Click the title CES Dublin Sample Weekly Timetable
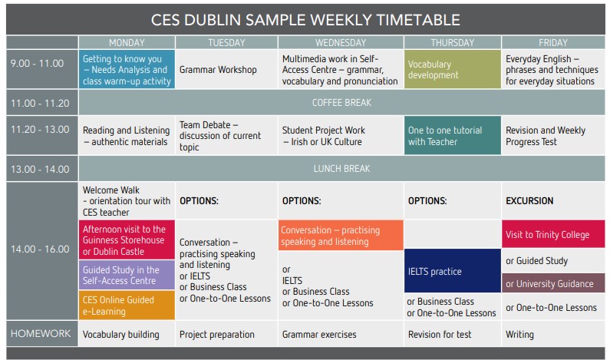tap(305, 20)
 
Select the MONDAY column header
tap(127, 42)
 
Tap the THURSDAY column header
tap(453, 42)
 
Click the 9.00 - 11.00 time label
tap(38, 63)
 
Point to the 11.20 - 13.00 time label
tap(40, 129)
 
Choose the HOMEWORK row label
tap(41, 334)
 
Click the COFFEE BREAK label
tap(341, 103)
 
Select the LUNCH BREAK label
tap(341, 169)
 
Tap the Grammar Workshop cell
tap(226, 69)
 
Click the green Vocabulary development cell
tap(453, 69)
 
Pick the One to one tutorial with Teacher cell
tap(453, 135)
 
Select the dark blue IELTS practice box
tap(453, 271)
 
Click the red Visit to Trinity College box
tap(553, 234)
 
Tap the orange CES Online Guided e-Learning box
tap(127, 306)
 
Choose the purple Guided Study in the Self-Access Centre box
tap(127, 275)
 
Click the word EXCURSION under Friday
tap(529, 201)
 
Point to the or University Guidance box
tap(553, 283)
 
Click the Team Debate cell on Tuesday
tap(226, 135)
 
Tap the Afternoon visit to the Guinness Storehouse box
tap(127, 239)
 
